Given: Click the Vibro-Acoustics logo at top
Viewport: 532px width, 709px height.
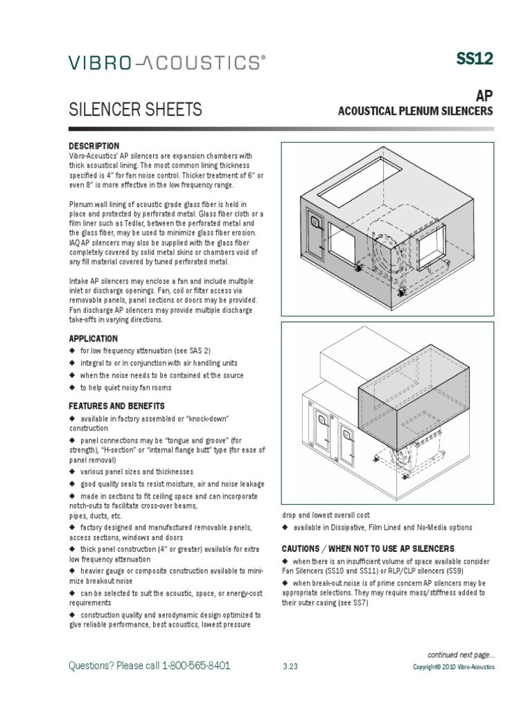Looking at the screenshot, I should coord(166,63).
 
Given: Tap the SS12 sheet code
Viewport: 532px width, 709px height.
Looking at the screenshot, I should coord(475,60).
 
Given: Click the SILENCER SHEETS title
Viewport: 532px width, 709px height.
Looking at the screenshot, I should coord(135,109).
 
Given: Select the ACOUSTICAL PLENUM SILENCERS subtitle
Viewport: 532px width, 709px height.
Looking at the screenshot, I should coord(415,112).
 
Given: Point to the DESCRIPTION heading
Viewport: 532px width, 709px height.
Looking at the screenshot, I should coord(94,146).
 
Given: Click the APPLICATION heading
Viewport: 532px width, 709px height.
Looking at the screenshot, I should coord(93,339).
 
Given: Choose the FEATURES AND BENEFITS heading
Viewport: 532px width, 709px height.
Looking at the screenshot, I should coord(116,406).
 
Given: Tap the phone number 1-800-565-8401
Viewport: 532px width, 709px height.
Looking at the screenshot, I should coord(196,665).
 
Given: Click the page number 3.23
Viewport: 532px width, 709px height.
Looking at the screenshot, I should coord(290,667).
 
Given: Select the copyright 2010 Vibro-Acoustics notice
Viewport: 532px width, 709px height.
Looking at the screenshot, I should coord(454,667).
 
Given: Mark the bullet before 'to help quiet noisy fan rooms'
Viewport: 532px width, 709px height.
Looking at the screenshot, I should coord(71,388).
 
